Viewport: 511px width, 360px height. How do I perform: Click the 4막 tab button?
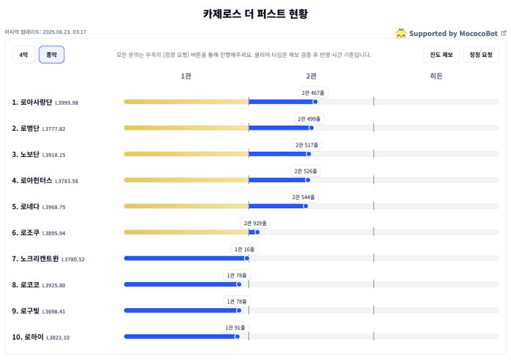coord(24,55)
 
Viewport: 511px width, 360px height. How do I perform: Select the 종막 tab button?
coord(51,55)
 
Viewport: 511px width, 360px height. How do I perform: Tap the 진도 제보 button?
coord(441,55)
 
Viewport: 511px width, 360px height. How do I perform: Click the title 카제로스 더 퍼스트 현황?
coord(255,14)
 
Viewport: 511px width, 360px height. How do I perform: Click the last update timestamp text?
coord(45,32)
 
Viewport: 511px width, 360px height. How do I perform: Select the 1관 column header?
coord(186,77)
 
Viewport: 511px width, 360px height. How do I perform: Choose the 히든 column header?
coord(436,77)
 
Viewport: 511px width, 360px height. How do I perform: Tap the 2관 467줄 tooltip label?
coord(313,93)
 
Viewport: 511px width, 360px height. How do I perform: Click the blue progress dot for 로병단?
coord(311,128)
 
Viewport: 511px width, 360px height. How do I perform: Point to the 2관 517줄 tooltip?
coord(307,145)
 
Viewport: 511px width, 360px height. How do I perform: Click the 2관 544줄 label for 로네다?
coord(303,197)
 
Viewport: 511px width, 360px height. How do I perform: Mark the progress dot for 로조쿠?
coord(257,232)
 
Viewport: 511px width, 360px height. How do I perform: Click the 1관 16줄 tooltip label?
coord(245,249)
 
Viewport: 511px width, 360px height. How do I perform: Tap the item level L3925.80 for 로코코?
coord(54,286)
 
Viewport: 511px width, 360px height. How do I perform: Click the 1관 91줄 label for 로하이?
coord(235,327)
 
